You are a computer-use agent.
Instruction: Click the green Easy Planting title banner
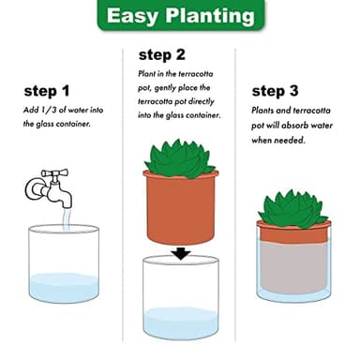pos(180,16)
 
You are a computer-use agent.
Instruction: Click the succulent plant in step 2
pos(180,157)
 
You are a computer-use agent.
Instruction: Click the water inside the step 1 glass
pos(63,287)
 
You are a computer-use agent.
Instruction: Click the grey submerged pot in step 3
pos(293,265)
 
